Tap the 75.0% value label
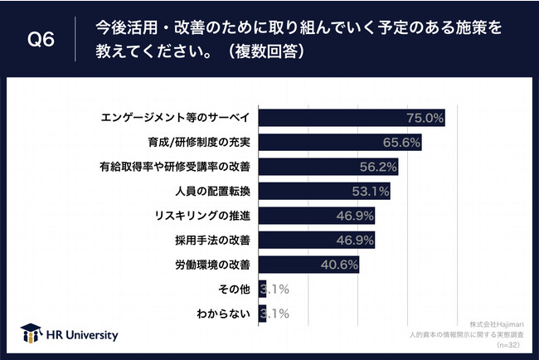[425, 118]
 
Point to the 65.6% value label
[401, 142]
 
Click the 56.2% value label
[378, 167]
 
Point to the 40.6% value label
[338, 265]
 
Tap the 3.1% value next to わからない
[274, 314]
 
